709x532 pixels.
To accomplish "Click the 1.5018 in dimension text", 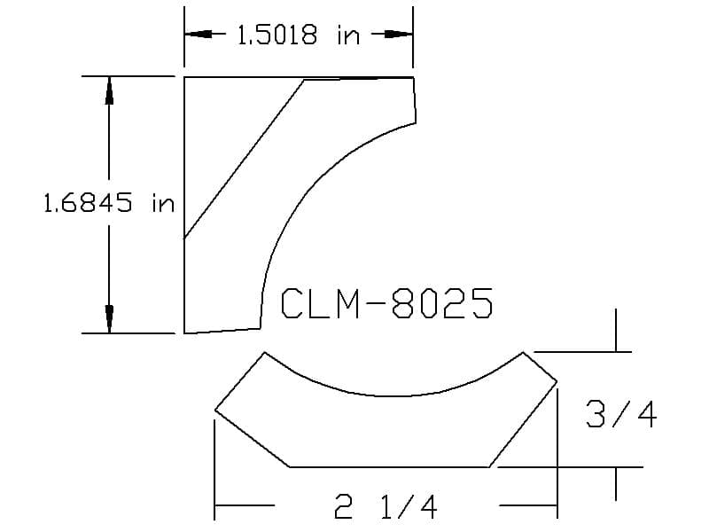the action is coord(299,35).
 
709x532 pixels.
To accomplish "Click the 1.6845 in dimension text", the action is coord(108,202).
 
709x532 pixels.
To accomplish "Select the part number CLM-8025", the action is coord(386,303).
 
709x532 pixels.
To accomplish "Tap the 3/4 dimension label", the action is coord(621,414).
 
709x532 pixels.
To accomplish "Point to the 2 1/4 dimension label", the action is coord(386,506).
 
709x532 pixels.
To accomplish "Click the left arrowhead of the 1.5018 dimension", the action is coord(198,34).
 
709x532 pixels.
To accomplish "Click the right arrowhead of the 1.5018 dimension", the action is coord(399,34).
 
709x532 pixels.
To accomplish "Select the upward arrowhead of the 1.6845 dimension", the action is coord(109,90).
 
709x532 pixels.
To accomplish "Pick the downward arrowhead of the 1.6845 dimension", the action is coord(109,319).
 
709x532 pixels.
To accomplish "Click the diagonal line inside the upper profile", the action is coord(245,159).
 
